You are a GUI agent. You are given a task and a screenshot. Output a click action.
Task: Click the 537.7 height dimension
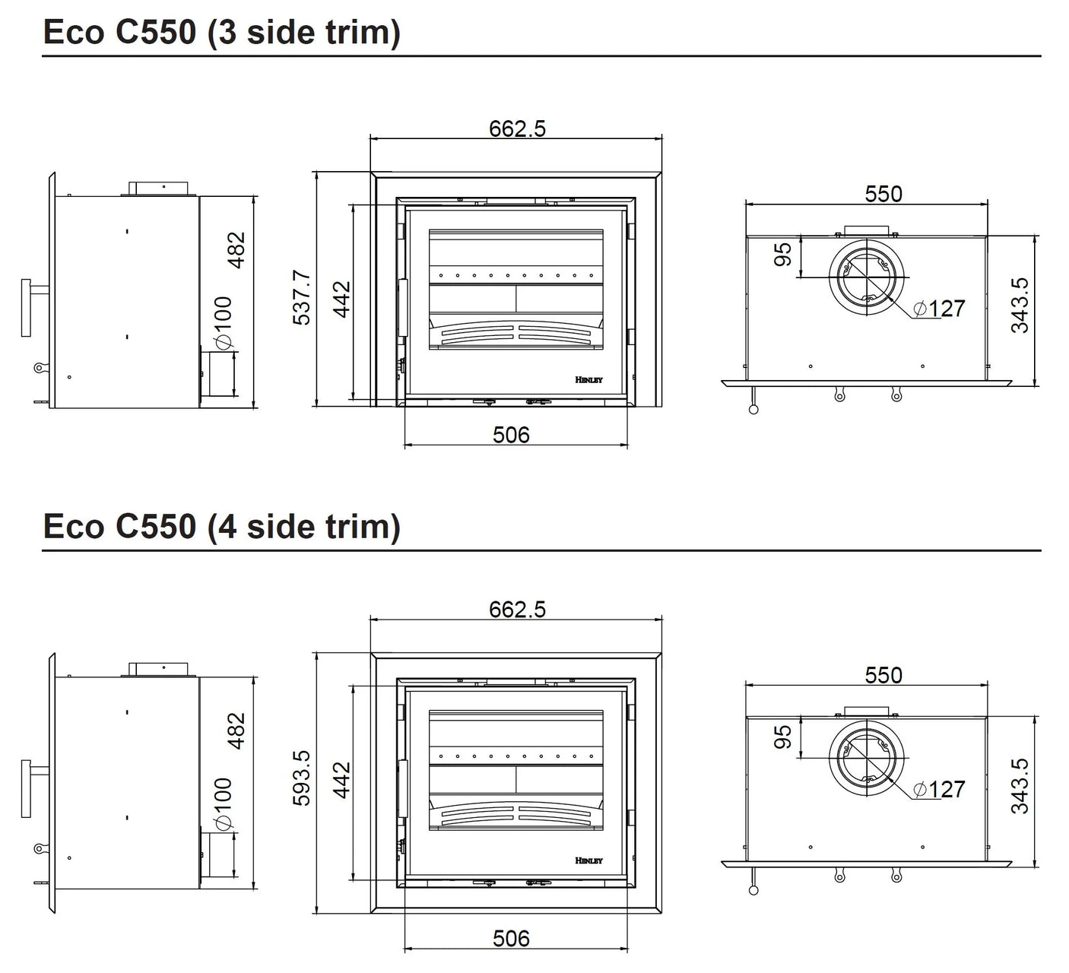302,297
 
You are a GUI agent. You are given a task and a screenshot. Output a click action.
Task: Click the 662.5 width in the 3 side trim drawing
517,128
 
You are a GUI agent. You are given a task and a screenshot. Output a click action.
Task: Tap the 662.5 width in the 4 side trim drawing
517,609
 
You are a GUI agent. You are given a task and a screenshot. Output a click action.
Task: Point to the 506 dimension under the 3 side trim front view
511,435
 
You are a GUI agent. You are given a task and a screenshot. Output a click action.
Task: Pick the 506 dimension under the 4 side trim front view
511,938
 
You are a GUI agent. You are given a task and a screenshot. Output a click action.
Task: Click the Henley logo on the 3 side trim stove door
588,379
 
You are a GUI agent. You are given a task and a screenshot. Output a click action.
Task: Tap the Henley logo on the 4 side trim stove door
588,860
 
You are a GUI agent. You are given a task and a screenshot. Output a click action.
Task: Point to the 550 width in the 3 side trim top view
883,194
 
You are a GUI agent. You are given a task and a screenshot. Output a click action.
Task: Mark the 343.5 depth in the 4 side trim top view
1020,785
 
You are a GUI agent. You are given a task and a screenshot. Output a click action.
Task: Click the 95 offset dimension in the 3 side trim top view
782,254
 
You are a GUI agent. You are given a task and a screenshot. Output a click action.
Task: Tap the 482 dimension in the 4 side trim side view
237,731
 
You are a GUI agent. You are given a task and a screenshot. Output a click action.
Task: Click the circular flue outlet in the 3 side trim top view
866,277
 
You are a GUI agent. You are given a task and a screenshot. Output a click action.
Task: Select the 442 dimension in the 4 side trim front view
341,780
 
